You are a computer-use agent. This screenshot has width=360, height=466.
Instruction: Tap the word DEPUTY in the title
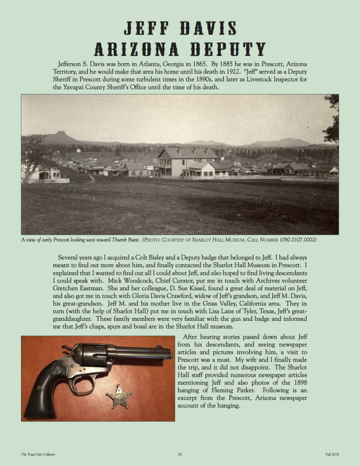click(x=226, y=48)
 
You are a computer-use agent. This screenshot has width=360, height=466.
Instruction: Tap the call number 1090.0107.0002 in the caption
click(x=297, y=239)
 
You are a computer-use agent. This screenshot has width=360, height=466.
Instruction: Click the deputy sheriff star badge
click(x=119, y=397)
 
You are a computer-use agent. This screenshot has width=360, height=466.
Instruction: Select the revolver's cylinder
click(x=93, y=355)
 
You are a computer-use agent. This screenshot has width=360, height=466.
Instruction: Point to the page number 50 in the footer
click(x=180, y=454)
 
